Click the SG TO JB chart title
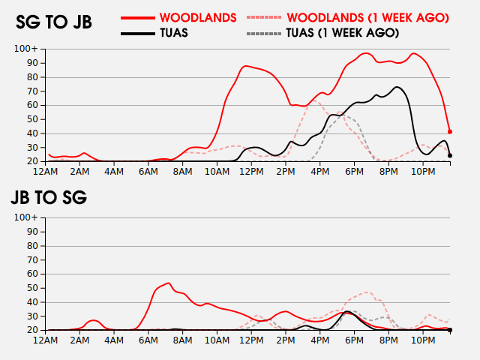(x=54, y=22)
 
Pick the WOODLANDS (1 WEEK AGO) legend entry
(x=367, y=17)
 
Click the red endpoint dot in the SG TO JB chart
(x=450, y=131)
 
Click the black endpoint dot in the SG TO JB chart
(x=450, y=155)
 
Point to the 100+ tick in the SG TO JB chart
(x=27, y=49)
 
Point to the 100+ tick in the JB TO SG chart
(x=27, y=217)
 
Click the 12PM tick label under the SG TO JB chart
(x=251, y=171)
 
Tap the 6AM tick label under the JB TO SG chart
(x=148, y=340)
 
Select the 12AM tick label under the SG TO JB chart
(x=46, y=171)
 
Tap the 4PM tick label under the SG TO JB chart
(x=319, y=171)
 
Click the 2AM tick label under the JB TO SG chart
(x=80, y=340)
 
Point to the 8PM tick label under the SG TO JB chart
(x=388, y=171)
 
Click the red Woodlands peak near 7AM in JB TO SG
(x=169, y=283)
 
